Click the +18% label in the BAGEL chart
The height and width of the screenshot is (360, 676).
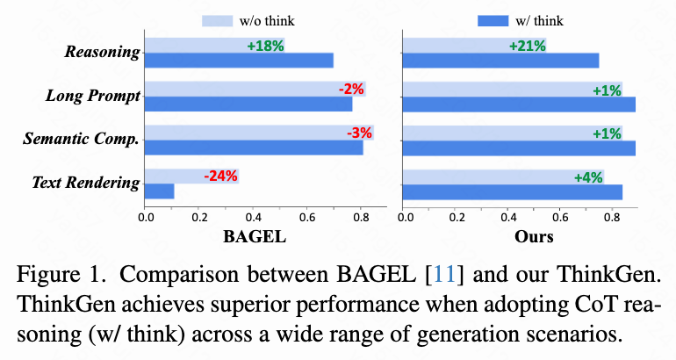coord(265,46)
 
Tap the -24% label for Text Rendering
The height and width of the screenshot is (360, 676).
coord(220,176)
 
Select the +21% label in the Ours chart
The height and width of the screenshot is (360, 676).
coord(527,46)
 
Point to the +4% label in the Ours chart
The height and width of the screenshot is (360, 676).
coord(588,176)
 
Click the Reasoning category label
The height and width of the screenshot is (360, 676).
coord(102,52)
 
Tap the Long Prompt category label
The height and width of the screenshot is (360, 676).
coord(93,96)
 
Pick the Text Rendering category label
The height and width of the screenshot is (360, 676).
coord(85,183)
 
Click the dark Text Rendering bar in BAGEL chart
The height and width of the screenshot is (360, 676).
coord(159,191)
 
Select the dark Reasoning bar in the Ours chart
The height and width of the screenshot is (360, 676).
coord(500,60)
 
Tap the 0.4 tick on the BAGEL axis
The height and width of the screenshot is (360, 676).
coord(254,216)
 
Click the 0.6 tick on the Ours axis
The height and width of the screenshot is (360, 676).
coord(561,216)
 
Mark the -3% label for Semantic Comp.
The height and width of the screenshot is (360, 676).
coord(358,133)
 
